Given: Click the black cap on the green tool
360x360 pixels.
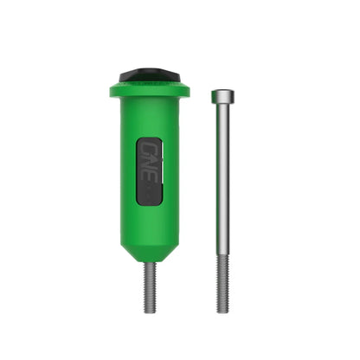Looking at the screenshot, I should [149, 76].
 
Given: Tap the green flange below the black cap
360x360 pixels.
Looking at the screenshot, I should [149, 89].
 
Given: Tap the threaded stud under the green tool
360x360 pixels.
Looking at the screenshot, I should [150, 286].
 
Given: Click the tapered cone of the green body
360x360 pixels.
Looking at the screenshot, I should [150, 247].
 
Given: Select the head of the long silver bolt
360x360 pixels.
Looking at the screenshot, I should [222, 95].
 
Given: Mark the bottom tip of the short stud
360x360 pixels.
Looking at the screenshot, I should [150, 312].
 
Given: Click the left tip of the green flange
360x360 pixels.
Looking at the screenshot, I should [112, 89].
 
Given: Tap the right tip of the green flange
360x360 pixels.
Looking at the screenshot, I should [187, 89].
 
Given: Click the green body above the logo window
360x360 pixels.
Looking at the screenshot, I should [150, 117].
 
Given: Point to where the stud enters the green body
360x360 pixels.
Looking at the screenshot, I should [150, 262].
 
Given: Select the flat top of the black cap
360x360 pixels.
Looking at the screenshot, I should [149, 72].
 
